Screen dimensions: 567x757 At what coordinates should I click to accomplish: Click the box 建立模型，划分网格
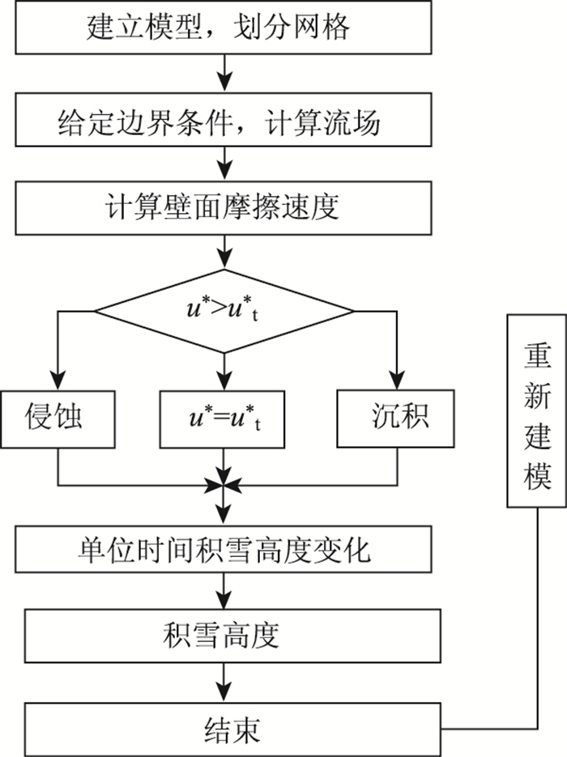point(223,27)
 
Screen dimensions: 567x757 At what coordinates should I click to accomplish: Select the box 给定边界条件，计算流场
point(223,120)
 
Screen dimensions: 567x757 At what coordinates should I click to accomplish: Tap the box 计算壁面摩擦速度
point(223,208)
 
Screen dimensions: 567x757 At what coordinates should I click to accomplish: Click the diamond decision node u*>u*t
point(224,311)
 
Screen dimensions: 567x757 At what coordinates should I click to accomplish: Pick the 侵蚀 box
point(58,419)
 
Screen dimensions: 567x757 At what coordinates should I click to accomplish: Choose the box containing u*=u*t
point(222,419)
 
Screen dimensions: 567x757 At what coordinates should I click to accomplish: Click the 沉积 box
point(395,419)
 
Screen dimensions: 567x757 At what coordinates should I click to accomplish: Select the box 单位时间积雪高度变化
point(223,550)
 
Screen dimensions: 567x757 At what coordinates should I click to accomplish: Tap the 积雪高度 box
point(232,636)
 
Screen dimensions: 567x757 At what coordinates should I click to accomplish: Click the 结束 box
point(232,729)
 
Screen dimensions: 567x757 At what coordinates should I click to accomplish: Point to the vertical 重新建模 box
point(536,410)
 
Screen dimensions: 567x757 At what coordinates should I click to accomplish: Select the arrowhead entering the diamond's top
point(224,259)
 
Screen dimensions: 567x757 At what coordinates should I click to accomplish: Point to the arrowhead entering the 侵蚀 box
point(58,381)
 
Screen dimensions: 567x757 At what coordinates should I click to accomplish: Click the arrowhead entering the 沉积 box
point(397,380)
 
